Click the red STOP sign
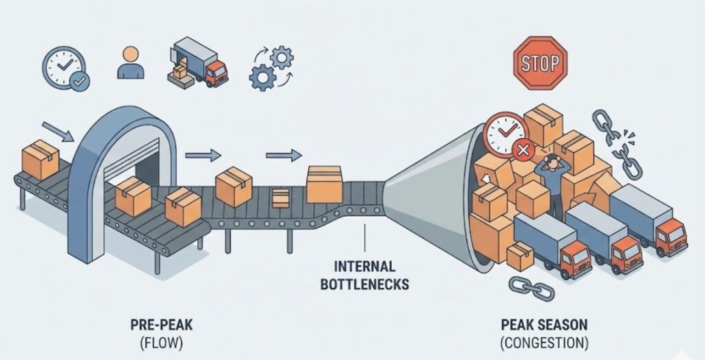tap(540, 63)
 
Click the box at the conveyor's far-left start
tap(41, 159)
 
